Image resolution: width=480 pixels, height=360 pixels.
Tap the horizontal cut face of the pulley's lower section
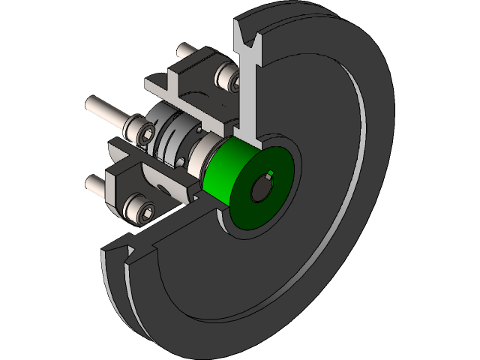coord(172,229)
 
